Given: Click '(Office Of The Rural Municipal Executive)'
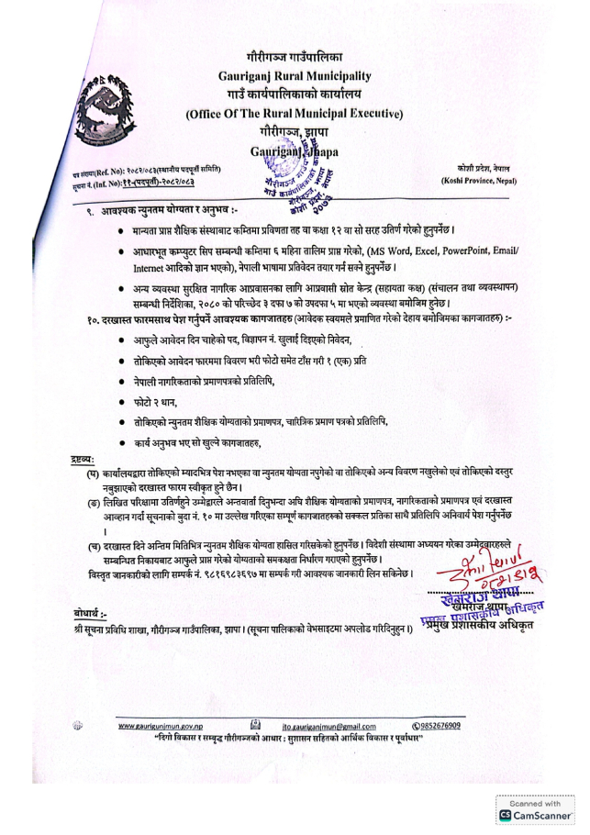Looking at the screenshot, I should click(294, 114).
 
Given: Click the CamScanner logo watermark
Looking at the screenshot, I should click(534, 814).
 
